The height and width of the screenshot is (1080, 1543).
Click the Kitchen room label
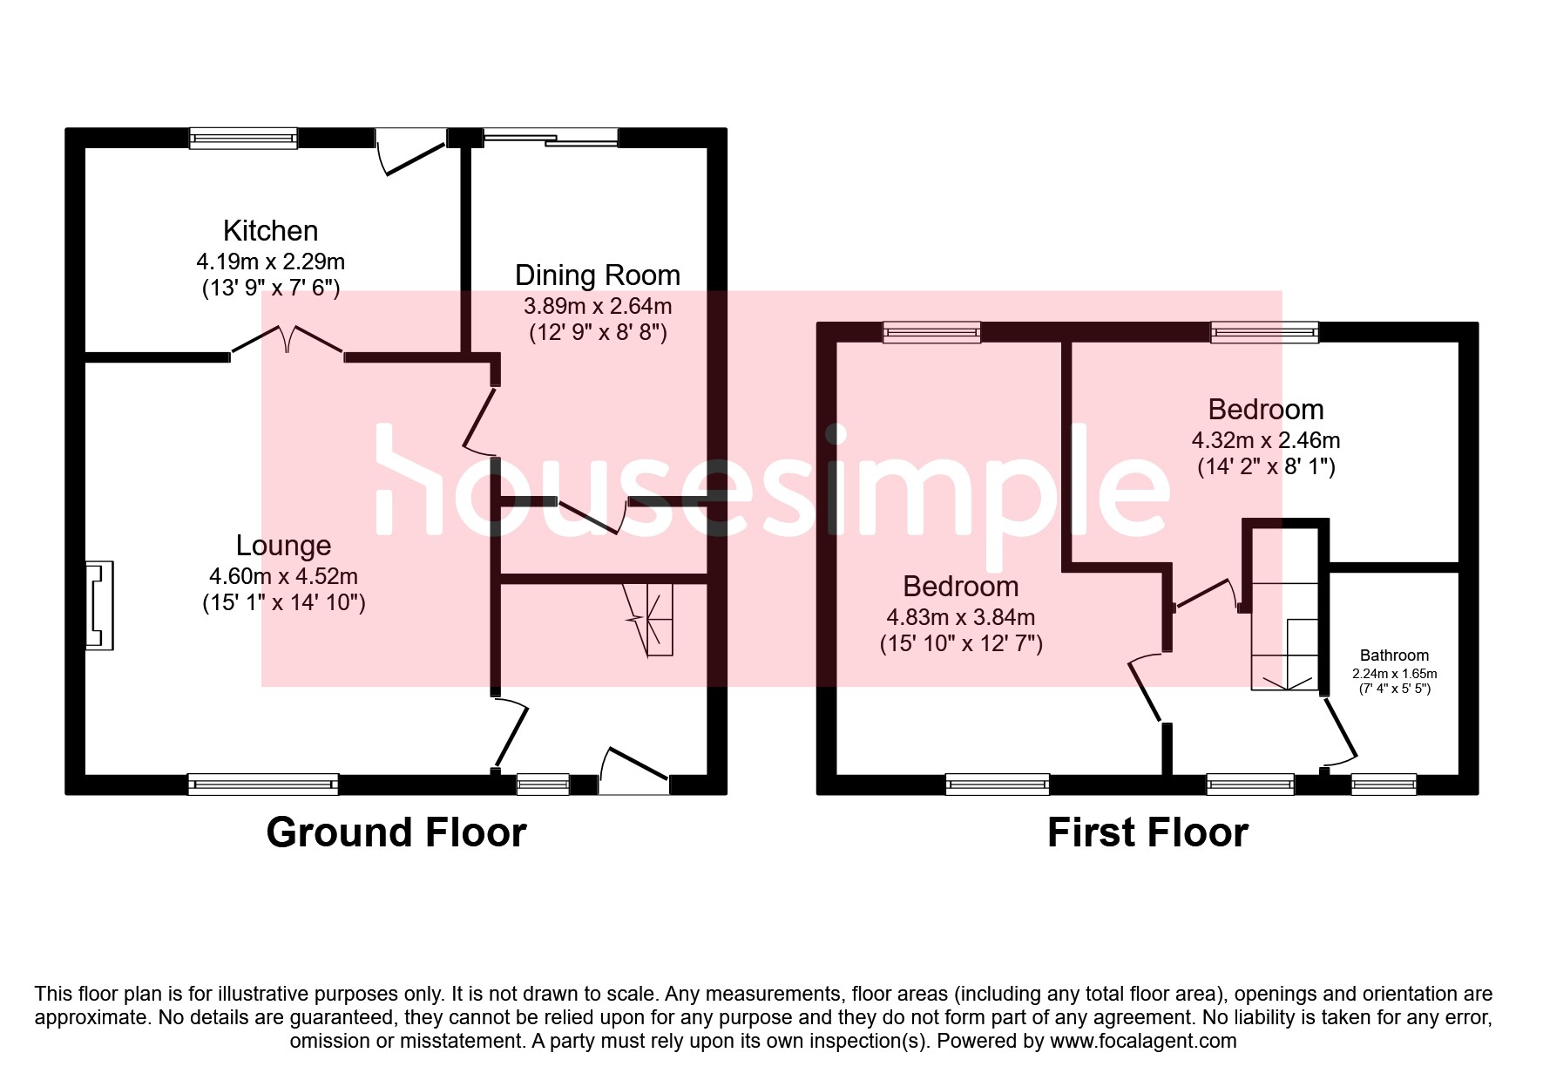[x=270, y=231]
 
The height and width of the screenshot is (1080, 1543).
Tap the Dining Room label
[x=597, y=275]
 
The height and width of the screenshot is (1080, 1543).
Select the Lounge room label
[x=283, y=546]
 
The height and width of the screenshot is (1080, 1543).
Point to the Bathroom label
[x=1394, y=655]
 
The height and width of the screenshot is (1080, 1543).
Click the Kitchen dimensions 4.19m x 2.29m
[x=270, y=262]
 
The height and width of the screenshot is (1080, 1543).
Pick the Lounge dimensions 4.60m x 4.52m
[x=283, y=576]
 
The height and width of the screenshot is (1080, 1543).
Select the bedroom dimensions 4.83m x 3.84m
[x=960, y=617]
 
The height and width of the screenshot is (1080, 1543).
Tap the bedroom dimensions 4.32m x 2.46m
[x=1265, y=440]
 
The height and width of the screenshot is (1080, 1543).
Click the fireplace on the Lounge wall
[x=98, y=606]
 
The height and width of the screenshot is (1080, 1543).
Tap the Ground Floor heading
[x=396, y=832]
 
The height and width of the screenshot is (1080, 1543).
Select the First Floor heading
[x=1147, y=832]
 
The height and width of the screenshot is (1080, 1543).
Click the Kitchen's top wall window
[x=243, y=138]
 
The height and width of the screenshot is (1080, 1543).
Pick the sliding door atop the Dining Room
[x=551, y=137]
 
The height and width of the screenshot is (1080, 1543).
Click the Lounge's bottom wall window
[x=262, y=785]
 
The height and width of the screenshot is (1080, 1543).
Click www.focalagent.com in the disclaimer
[x=1143, y=1041]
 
